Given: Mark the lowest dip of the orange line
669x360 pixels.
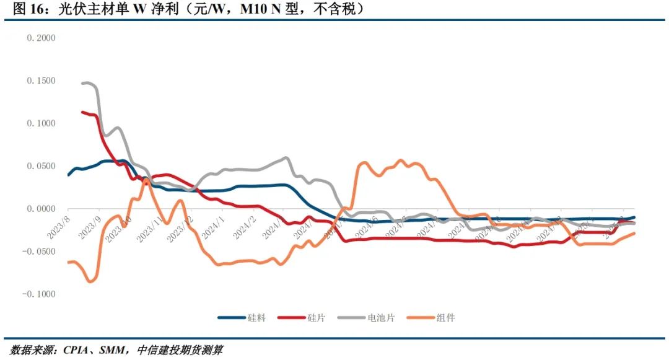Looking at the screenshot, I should coord(90,282).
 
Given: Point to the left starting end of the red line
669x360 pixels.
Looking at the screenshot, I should coord(82,112).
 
